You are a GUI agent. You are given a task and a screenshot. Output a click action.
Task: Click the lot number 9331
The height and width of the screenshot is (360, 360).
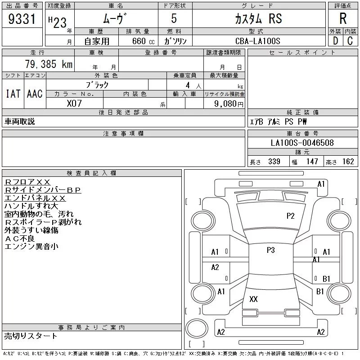(22, 19)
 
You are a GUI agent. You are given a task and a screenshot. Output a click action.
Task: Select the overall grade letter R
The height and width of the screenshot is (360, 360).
(343, 18)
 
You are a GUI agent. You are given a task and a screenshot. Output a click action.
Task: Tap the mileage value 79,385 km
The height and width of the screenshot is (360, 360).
(49, 64)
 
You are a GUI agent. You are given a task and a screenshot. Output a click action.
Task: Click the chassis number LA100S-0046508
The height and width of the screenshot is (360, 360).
(302, 143)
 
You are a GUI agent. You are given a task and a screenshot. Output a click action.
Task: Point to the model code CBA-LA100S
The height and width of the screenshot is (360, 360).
(257, 41)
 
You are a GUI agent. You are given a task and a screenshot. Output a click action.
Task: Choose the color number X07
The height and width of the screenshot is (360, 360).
(74, 103)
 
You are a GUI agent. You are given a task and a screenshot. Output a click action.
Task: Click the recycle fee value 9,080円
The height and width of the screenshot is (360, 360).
(229, 104)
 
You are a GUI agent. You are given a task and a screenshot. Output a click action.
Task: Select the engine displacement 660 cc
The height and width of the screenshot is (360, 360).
(143, 41)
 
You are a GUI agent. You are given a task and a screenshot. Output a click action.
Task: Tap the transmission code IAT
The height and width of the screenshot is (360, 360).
(13, 94)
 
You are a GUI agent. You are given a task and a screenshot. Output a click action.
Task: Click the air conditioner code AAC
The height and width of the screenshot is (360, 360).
(35, 94)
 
